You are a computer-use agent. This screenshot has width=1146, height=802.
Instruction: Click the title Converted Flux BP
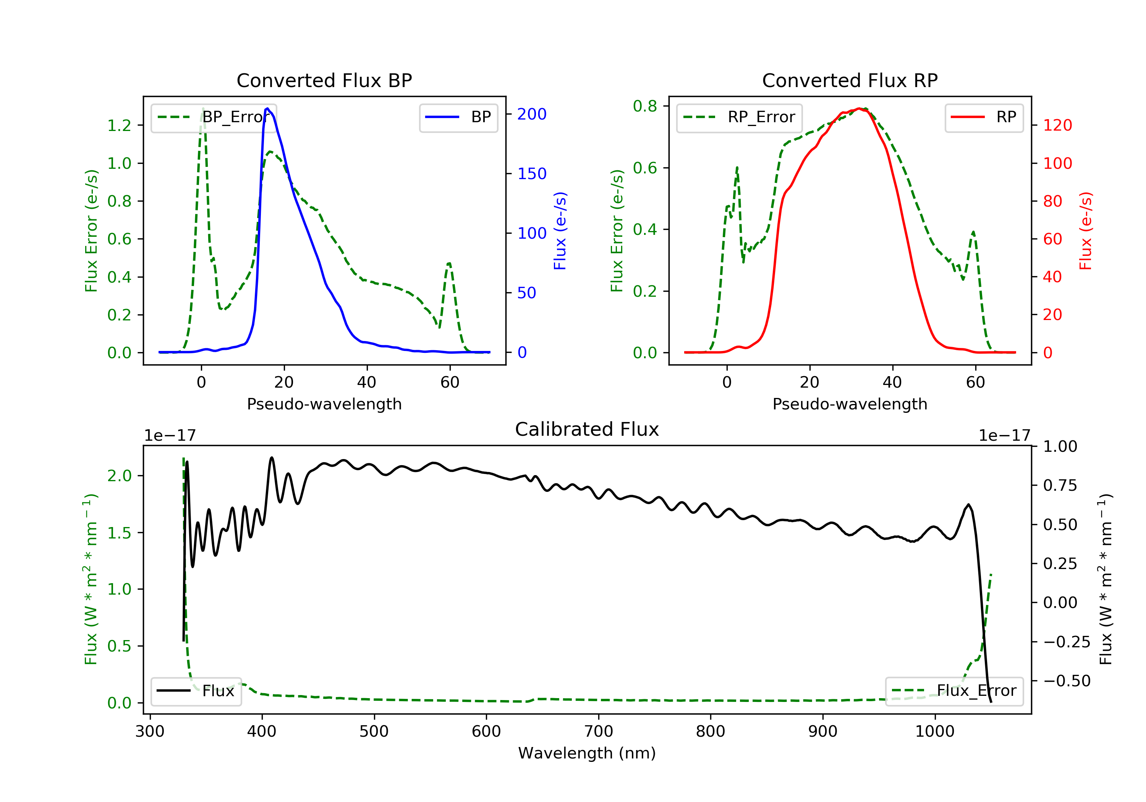coord(324,80)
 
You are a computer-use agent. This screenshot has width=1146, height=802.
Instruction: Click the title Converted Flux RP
coord(850,80)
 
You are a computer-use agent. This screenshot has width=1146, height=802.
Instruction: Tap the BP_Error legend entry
coord(214,117)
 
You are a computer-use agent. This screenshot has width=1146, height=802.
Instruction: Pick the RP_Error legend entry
coord(739,117)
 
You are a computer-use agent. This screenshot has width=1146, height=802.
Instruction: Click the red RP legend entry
coord(984,117)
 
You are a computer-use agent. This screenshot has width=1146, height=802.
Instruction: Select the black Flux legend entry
coord(196,691)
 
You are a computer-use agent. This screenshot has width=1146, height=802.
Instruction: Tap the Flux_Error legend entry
coord(954,691)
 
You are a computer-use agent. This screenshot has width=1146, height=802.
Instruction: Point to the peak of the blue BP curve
coord(267,108)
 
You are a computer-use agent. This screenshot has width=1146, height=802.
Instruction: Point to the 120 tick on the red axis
coord(1057,125)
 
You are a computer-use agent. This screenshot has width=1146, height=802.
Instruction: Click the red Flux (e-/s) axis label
coord(1086,231)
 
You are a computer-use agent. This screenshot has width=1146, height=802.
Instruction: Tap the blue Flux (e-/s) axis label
coord(560,231)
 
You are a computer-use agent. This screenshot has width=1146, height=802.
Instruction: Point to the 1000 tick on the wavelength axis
coord(934,732)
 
